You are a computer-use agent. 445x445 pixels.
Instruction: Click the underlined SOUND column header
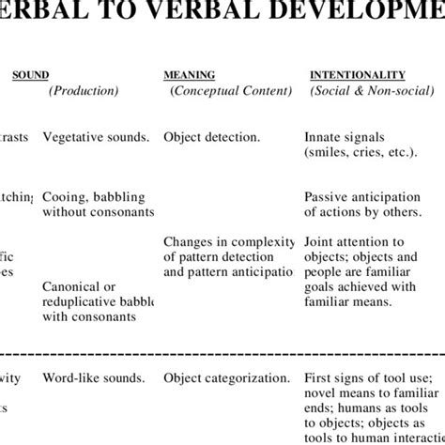coord(30,74)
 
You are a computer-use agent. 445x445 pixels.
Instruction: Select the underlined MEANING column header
coord(190,74)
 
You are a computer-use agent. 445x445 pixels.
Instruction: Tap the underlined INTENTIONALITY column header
coord(358,74)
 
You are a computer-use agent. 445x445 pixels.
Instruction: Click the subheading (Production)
coord(84,91)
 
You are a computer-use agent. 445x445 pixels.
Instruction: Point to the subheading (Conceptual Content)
coord(228,91)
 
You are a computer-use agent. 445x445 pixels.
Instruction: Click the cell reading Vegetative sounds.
coord(96,137)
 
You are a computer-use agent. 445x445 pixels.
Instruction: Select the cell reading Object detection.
coord(212,137)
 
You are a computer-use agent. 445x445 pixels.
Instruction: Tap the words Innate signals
coord(345,137)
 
